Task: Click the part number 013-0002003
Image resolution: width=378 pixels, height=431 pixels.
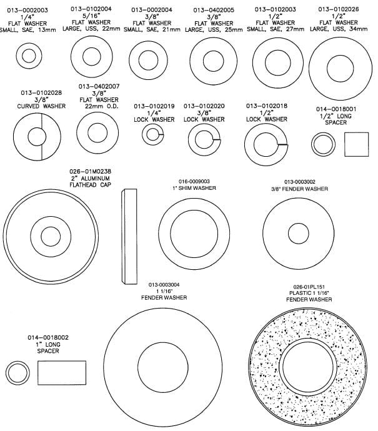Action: (27, 10)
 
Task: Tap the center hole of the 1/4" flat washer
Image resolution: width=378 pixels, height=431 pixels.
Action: (29, 56)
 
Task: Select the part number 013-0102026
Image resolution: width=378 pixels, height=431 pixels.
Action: (339, 9)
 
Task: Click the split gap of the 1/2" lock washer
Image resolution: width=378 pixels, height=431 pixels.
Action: (282, 144)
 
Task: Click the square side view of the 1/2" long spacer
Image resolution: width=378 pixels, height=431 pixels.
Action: (357, 144)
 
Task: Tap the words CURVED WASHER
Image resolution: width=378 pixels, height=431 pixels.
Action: (41, 106)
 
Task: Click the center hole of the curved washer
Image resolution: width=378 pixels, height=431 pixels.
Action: (37, 137)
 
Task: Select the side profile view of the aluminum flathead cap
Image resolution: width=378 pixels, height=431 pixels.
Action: (129, 236)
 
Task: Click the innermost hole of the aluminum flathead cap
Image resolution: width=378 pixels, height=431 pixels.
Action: (51, 237)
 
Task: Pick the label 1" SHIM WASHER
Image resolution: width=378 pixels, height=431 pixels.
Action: (194, 188)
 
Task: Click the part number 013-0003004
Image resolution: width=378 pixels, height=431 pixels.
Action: (164, 285)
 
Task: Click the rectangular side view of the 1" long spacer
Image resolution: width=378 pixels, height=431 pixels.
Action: (62, 373)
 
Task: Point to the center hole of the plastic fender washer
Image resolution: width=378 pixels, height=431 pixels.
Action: (308, 367)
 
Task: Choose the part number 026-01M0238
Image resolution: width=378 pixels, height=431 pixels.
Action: (91, 172)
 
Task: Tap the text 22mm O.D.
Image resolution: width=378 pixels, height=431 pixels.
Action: (101, 106)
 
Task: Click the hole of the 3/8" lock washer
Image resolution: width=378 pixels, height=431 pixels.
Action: (204, 140)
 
